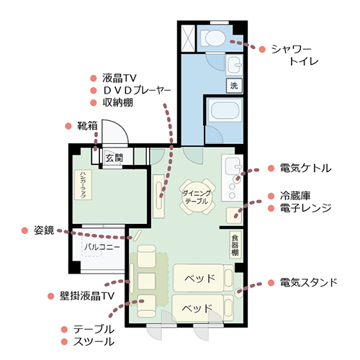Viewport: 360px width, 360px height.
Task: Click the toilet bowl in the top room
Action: [213, 38]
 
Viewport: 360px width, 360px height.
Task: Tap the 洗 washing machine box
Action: [234, 86]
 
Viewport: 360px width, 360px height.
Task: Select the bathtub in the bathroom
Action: [225, 111]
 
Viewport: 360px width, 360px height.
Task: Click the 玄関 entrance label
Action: [114, 158]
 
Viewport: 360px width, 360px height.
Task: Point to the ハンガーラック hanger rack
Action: [83, 185]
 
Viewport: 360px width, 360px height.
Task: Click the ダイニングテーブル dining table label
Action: [197, 197]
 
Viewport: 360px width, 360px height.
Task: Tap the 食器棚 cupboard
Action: [235, 245]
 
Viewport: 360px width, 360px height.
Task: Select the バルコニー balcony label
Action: [102, 247]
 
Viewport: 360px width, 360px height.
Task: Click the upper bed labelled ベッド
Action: [199, 278]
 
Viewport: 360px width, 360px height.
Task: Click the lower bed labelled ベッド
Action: [197, 308]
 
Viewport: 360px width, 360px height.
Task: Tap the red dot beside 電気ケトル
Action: [271, 168]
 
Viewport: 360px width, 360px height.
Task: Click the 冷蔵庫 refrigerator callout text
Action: [295, 196]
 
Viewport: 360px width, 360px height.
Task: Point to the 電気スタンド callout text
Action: [309, 282]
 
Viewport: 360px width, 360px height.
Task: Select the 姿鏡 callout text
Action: [44, 230]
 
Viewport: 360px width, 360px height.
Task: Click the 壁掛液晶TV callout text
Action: [87, 296]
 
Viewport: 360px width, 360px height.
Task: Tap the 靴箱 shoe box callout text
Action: [87, 126]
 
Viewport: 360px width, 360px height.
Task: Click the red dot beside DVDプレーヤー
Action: [94, 91]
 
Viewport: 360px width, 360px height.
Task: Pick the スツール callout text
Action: [94, 341]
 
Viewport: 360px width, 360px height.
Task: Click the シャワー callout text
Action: [291, 50]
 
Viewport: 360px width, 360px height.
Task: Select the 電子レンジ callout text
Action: [306, 208]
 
